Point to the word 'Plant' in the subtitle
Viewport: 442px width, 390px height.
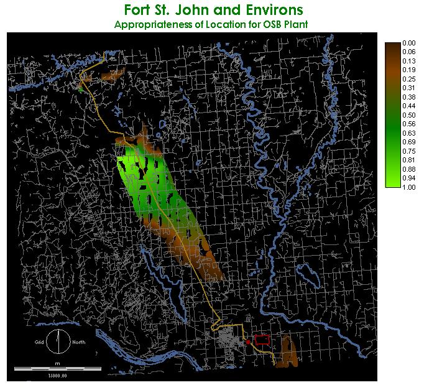point(294,25)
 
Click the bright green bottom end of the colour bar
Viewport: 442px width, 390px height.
point(392,184)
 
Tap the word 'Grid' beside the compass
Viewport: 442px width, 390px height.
point(39,343)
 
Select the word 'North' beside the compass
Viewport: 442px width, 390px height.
point(78,343)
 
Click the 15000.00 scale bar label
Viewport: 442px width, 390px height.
point(57,375)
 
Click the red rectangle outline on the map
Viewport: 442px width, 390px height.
point(262,340)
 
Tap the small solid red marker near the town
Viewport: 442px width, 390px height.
point(248,342)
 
